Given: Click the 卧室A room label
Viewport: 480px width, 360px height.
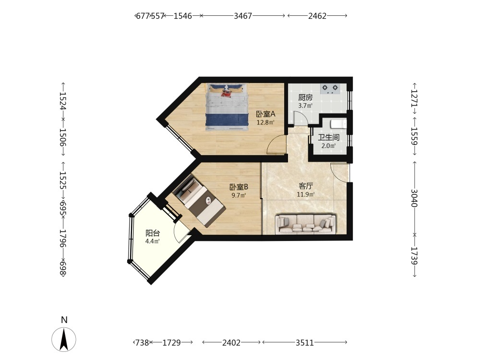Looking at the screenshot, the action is click(x=266, y=114).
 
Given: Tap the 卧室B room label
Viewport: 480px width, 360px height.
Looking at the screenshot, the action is click(x=239, y=187).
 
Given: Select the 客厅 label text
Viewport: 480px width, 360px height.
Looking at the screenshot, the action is click(x=306, y=186).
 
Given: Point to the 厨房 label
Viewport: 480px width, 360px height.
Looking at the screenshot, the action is click(x=305, y=97).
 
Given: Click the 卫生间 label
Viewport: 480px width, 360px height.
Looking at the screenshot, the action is click(x=328, y=137).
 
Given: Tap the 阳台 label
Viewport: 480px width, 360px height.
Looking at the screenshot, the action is click(x=153, y=233).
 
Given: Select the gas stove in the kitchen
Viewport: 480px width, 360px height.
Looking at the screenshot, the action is click(x=330, y=89).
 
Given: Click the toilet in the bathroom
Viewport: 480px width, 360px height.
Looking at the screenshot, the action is click(x=339, y=125).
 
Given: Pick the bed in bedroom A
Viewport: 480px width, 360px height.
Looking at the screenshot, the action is click(x=227, y=107).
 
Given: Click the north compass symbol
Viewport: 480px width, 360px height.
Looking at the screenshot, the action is click(x=64, y=339).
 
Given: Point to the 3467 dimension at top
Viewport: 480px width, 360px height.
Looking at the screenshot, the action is click(x=243, y=16).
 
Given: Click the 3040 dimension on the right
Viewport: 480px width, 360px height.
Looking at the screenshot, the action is click(x=414, y=198).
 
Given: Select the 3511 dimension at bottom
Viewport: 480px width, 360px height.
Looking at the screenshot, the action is click(x=305, y=343).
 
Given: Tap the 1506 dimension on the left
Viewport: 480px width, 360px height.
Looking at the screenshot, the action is click(x=63, y=137).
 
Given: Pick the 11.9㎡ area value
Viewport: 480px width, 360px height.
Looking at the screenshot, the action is click(x=305, y=194).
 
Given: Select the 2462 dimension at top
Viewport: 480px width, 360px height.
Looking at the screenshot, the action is click(x=317, y=16).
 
